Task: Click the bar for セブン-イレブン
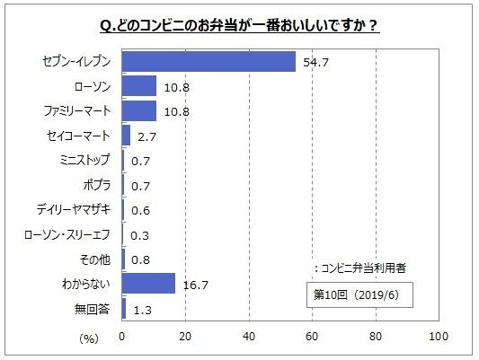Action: coord(208,61)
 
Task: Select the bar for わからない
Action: coord(148,284)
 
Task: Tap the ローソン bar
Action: coord(139,86)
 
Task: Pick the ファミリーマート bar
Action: coord(139,110)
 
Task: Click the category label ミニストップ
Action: coord(83,161)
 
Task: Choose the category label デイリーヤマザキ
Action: coord(74,210)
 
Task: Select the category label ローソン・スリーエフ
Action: coord(68,234)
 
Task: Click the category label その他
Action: coord(96,259)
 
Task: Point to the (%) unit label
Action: coord(88,338)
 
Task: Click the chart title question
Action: coord(239,24)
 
